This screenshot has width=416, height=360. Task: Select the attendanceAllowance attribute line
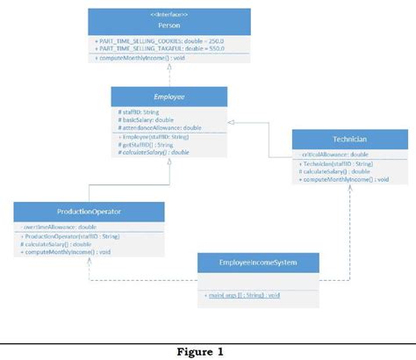pyautogui.click(x=150, y=128)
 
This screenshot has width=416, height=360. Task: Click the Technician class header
pyautogui.click(x=350, y=139)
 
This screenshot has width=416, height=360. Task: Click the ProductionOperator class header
pyautogui.click(x=89, y=212)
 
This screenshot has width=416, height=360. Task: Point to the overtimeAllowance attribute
pyautogui.click(x=60, y=227)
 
